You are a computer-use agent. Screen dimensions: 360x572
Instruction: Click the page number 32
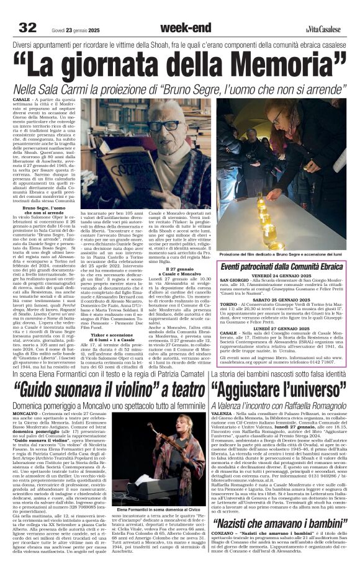click(x=27, y=27)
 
